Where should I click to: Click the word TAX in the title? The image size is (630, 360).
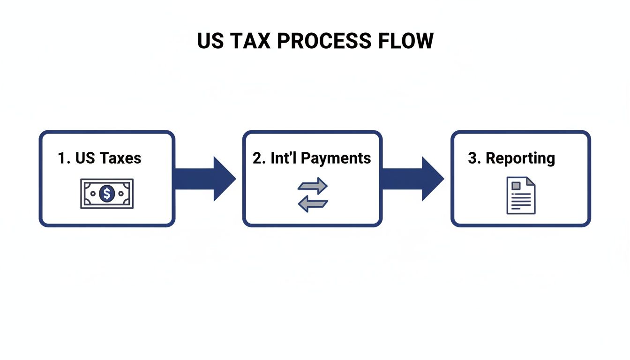click(247, 41)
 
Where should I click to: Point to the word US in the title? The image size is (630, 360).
click(209, 41)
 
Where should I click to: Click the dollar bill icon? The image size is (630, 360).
click(107, 193)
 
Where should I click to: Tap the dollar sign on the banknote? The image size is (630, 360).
click(107, 193)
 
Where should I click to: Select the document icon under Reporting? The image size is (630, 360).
click(521, 195)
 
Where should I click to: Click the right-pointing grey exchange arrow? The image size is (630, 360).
click(313, 186)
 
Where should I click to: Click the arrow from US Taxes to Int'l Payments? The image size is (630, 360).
click(206, 179)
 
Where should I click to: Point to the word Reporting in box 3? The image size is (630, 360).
click(520, 158)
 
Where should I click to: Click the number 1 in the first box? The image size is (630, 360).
click(62, 158)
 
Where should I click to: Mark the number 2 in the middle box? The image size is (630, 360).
click(257, 158)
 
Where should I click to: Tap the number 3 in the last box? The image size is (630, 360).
click(472, 158)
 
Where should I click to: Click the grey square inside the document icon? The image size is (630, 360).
click(516, 186)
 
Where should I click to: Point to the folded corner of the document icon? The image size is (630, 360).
click(531, 181)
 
